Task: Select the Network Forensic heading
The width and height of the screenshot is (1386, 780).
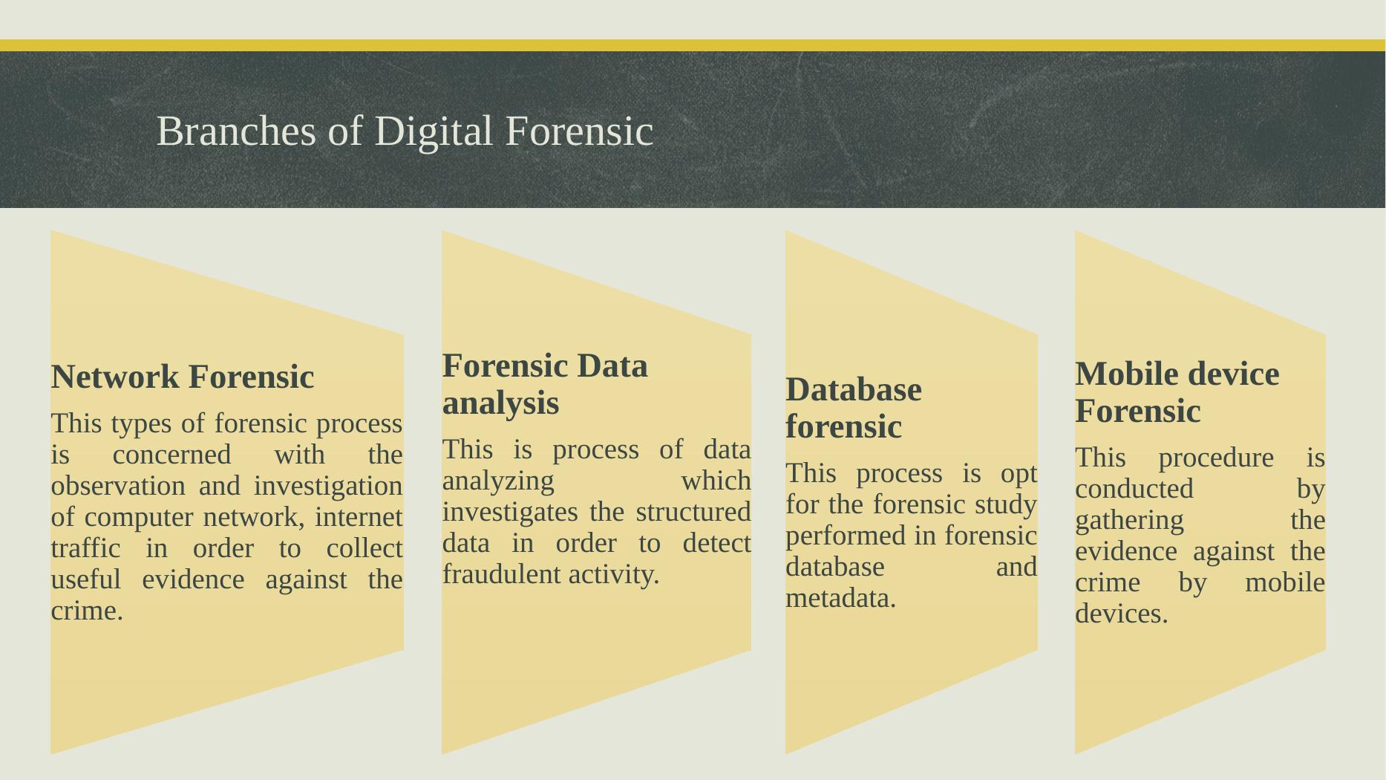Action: [x=183, y=377]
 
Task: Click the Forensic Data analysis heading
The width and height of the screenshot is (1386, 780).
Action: [x=545, y=384]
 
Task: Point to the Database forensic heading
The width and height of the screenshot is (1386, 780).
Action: [x=854, y=408]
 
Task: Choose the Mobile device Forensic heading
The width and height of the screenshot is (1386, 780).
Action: [x=1177, y=391]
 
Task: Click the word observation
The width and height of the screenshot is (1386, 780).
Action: [x=118, y=486]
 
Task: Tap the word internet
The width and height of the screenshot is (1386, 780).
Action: [x=359, y=517]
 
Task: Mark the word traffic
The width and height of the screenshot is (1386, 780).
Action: [x=85, y=548]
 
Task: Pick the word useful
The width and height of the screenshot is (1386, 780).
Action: [x=85, y=579]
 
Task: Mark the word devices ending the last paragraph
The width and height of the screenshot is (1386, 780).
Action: [x=1121, y=614]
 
